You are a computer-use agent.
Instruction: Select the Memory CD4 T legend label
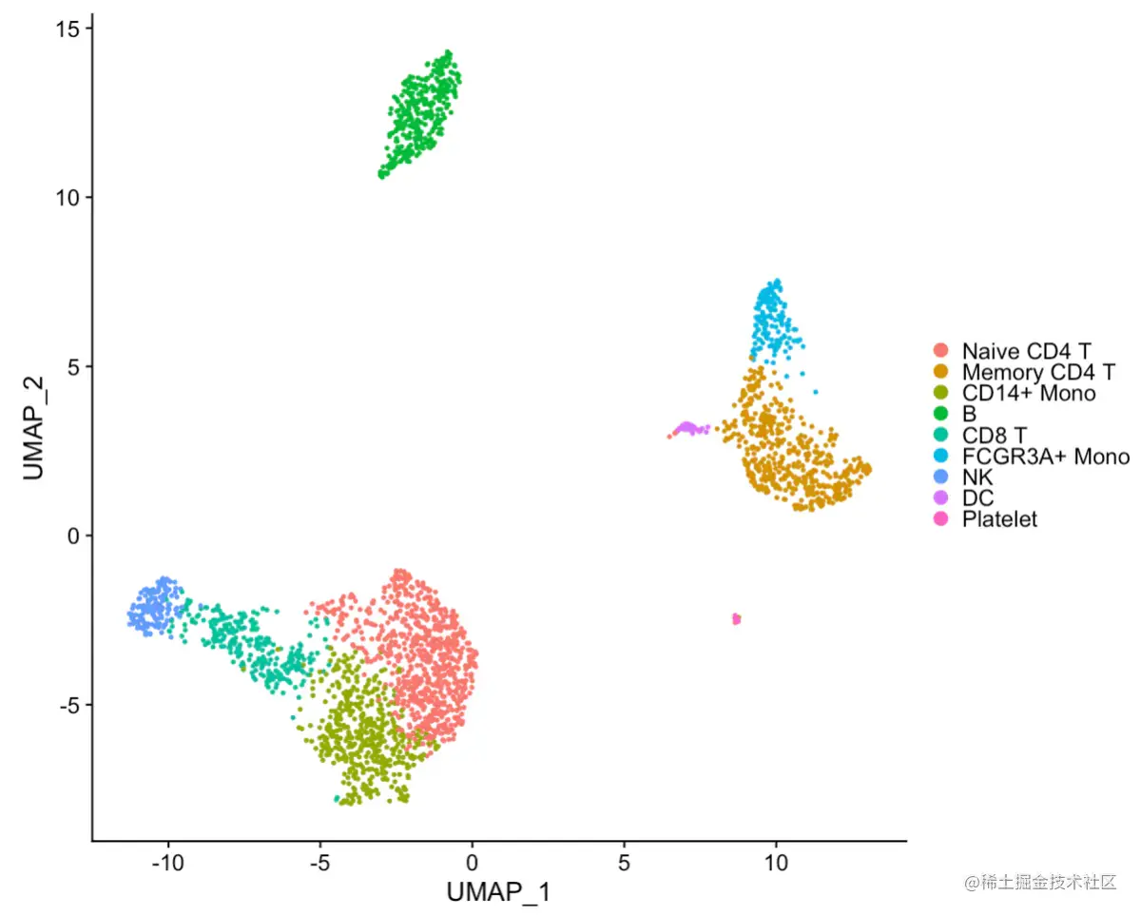[x=1037, y=371]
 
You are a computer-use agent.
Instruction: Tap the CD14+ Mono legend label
[x=1028, y=393]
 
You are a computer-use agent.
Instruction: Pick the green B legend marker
[x=941, y=414]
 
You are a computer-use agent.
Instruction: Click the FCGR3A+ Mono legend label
[x=1045, y=457]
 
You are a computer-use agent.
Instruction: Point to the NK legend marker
[x=941, y=477]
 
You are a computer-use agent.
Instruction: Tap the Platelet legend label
[x=999, y=519]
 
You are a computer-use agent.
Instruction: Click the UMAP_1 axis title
[x=498, y=893]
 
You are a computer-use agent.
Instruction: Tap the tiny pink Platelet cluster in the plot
[x=736, y=619]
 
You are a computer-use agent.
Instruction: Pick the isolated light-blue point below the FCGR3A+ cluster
[x=815, y=392]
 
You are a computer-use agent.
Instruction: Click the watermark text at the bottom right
[x=1040, y=883]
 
